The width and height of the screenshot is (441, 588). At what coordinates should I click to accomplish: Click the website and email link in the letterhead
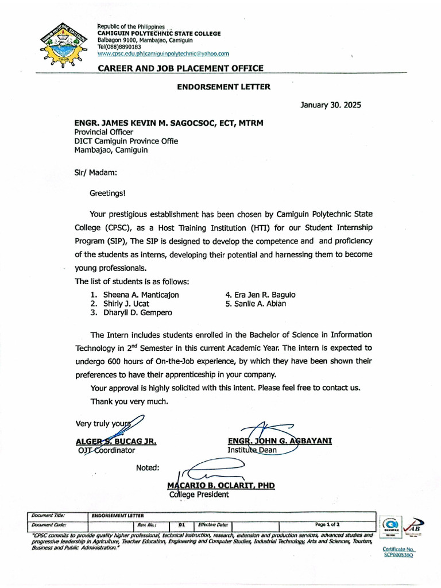pos(163,53)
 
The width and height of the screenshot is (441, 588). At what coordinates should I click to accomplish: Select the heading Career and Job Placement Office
pos(181,68)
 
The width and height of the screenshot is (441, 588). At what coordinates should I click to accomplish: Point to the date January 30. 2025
pos(331,105)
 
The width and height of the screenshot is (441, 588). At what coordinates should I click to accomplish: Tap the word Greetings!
pos(107,194)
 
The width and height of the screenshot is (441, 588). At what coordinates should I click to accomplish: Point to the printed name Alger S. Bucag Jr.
pos(117,442)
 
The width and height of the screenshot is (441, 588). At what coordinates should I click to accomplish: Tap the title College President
pos(199,494)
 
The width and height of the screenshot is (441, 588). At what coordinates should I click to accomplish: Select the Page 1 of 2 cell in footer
pos(327,524)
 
